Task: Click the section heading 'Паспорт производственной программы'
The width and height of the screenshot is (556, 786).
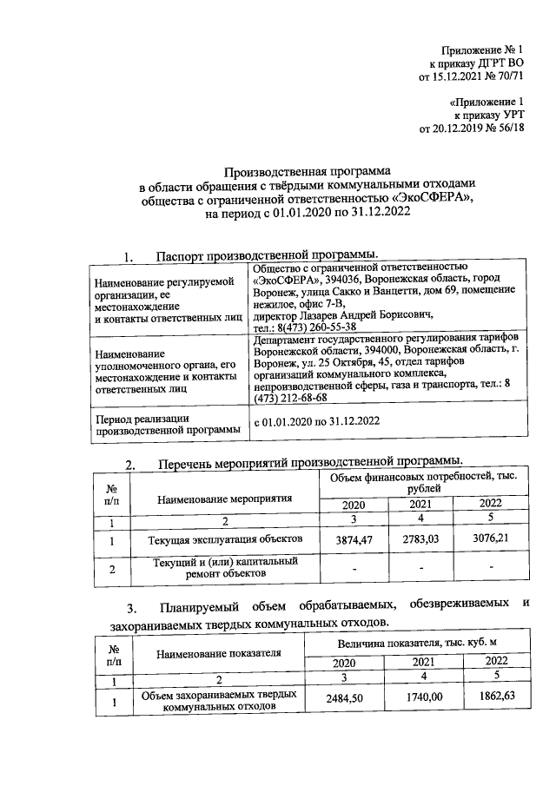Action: coord(267,255)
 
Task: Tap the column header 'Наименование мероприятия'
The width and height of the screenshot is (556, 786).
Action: coord(224,499)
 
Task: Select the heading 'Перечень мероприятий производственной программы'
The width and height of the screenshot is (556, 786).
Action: coord(309,461)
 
